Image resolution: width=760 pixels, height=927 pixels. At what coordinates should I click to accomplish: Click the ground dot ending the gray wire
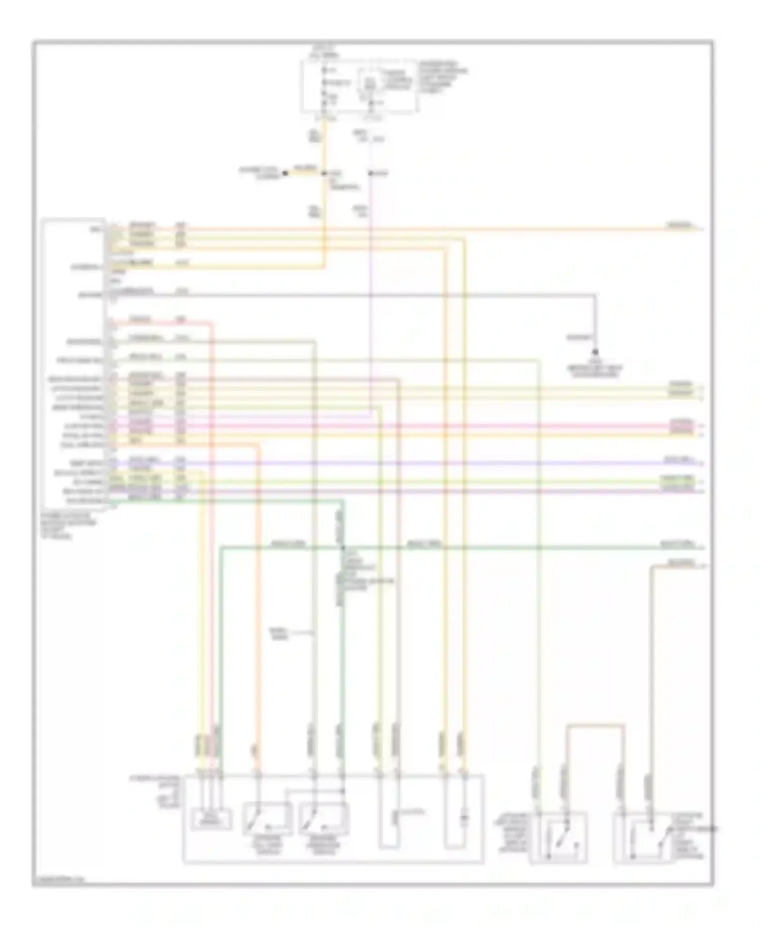(x=595, y=352)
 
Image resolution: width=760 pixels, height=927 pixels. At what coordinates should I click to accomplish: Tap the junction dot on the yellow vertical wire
(x=324, y=173)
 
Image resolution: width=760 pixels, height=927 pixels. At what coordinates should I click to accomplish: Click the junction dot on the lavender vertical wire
(x=370, y=173)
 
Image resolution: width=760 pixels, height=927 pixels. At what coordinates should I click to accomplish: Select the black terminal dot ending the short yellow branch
(x=285, y=173)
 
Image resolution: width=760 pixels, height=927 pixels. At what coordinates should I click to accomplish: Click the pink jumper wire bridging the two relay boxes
(x=595, y=726)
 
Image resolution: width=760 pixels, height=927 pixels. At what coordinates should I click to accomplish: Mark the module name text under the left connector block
(x=66, y=525)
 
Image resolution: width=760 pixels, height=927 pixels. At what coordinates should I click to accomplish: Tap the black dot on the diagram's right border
(x=713, y=829)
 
